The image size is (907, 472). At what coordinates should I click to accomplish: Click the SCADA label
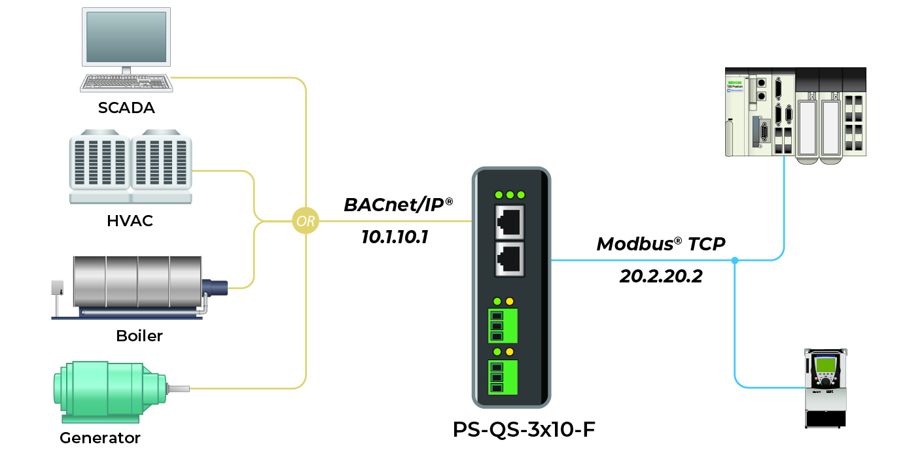[x=126, y=108]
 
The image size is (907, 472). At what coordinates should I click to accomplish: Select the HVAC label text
[x=130, y=221]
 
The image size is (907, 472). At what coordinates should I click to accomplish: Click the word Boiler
[x=139, y=336]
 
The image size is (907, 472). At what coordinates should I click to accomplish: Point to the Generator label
[x=100, y=437]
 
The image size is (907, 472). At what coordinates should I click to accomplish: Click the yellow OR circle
[x=306, y=221]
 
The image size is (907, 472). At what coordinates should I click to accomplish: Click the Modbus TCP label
[x=660, y=244]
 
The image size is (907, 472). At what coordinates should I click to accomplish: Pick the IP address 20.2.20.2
[x=661, y=277]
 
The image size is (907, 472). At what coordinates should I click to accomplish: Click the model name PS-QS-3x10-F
[x=524, y=430]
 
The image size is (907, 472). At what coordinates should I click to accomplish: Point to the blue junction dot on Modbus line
[x=735, y=261]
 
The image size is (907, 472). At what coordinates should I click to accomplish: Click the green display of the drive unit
[x=825, y=365]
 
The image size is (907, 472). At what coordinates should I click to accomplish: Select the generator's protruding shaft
[x=177, y=389]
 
